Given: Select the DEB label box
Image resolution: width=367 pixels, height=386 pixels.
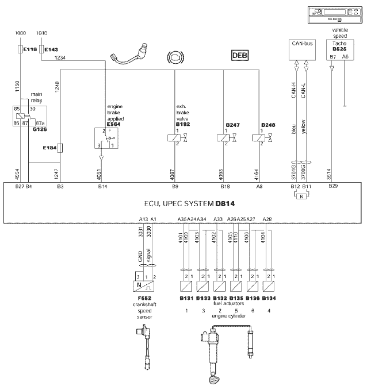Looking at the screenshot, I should click(x=240, y=55).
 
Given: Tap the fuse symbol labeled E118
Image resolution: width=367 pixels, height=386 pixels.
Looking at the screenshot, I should click(x=21, y=51).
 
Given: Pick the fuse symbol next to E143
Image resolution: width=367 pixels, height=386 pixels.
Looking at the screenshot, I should click(x=40, y=51).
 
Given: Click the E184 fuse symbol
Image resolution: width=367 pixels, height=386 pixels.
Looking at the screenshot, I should click(x=60, y=148).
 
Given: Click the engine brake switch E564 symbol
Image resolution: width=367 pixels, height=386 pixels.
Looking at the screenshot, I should click(x=106, y=138).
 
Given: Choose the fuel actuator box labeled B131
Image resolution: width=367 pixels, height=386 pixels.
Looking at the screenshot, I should click(x=186, y=285).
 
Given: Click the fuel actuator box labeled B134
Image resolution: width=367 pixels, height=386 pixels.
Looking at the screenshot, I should click(x=267, y=285).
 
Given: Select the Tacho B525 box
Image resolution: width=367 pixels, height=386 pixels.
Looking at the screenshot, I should click(x=338, y=50).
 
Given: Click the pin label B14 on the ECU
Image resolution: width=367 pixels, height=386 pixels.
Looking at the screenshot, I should click(x=102, y=187).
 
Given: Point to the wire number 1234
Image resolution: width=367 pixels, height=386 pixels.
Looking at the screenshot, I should click(x=59, y=57).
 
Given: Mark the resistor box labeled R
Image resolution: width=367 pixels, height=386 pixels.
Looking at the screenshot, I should click(x=301, y=196).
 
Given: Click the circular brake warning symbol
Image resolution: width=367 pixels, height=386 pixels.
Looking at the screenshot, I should click(x=173, y=56).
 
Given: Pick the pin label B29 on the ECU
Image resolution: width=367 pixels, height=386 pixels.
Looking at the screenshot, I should click(x=333, y=187).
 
